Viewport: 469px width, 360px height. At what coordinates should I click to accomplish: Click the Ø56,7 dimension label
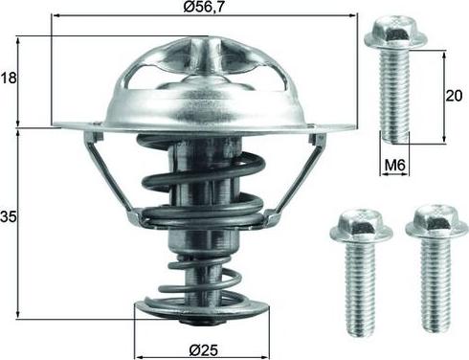tap(203, 7)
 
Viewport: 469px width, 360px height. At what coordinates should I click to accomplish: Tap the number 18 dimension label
tap(9, 78)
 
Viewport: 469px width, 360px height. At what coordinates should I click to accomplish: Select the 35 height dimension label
tap(9, 216)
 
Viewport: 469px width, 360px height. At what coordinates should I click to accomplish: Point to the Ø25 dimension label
tap(203, 350)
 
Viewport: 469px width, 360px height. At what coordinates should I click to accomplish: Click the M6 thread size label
tap(394, 166)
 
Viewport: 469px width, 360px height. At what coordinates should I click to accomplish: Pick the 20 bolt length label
tap(454, 96)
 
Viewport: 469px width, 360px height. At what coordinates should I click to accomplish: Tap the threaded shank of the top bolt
tap(394, 97)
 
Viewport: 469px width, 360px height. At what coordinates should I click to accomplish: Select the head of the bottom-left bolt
tap(361, 226)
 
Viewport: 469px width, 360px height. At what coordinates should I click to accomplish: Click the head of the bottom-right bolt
tap(437, 222)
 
